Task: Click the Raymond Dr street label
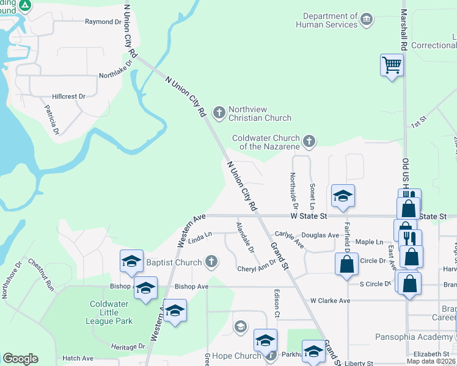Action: (103, 22)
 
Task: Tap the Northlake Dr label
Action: (116, 70)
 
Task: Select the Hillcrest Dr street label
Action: (68, 96)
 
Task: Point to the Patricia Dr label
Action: (51, 120)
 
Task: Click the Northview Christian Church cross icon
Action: (219, 111)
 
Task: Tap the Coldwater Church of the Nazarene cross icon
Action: (309, 142)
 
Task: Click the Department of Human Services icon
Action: (367, 19)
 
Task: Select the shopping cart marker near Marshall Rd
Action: (392, 64)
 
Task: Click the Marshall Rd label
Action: (404, 29)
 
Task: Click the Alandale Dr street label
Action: (245, 237)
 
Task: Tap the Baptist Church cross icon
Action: (211, 262)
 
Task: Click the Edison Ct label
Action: (277, 303)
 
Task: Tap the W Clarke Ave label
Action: (330, 301)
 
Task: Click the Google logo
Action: (20, 359)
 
